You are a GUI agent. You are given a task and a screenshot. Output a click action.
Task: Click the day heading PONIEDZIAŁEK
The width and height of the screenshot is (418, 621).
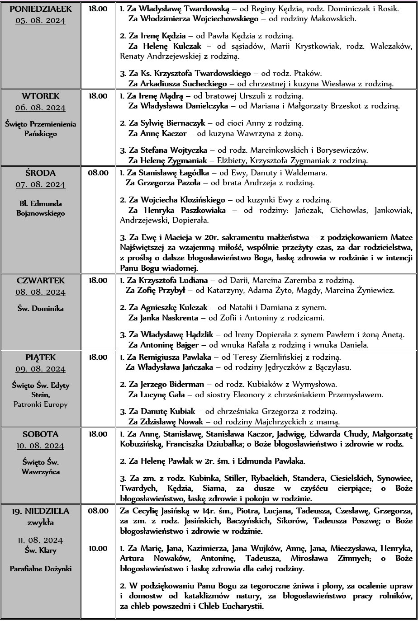40,9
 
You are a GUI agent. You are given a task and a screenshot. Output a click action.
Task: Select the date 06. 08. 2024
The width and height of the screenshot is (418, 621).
40,108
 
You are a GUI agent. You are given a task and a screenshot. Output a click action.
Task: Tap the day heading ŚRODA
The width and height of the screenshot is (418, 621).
40,173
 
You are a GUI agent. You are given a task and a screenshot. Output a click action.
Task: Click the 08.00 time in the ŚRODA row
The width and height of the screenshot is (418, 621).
98,173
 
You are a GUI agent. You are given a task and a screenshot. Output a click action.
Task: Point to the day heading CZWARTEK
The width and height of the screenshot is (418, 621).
40,281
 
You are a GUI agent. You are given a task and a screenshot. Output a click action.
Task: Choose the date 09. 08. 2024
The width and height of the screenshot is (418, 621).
40,369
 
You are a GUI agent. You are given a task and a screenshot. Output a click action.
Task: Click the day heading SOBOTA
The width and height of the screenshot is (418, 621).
40,434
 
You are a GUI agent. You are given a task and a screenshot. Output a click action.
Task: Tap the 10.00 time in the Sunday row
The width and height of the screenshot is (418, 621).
98,549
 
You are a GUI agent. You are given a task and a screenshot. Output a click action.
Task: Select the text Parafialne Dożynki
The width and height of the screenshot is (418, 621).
40,569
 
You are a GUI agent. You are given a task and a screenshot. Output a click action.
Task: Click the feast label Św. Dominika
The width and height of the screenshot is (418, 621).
40,309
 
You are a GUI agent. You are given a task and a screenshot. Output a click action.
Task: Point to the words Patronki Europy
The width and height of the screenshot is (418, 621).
40,404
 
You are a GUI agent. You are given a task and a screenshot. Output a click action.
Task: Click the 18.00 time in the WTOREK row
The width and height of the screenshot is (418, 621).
98,96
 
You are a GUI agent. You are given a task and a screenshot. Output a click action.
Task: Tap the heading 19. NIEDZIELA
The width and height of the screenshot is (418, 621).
40,512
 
